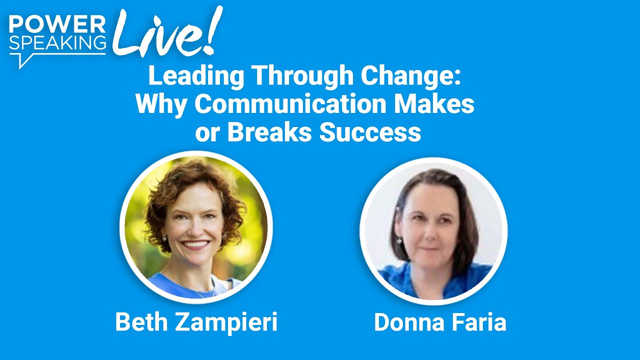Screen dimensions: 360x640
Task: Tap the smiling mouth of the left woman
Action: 195,244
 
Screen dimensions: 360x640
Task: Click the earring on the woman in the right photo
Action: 400,241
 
